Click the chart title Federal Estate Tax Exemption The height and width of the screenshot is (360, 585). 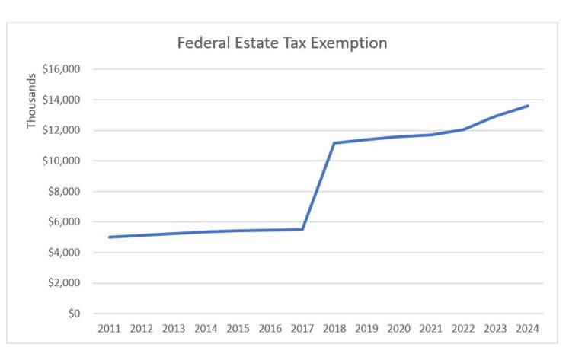(282, 43)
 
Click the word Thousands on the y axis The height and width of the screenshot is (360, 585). (31, 100)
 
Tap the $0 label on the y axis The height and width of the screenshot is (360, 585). (75, 314)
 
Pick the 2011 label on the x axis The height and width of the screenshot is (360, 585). (110, 329)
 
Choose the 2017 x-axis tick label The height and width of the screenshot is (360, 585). (302, 329)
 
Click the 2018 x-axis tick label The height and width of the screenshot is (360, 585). (334, 329)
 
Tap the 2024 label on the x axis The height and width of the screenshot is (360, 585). (527, 329)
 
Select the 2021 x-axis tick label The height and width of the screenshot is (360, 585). (430, 329)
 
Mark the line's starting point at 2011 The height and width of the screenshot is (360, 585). (110, 237)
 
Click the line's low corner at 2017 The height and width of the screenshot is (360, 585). (302, 229)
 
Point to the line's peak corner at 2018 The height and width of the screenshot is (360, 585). (334, 143)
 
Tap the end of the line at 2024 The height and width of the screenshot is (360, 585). (528, 106)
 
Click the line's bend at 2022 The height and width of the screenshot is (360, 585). (463, 129)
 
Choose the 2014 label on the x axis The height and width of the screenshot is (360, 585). (206, 329)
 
